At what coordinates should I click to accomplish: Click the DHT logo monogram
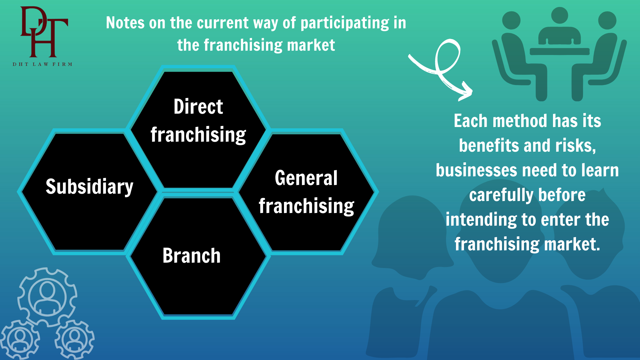[x=44, y=32]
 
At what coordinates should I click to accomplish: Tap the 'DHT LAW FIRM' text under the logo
[x=42, y=64]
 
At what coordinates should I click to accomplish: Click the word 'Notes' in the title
[x=125, y=23]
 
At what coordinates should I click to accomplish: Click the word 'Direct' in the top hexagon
[x=198, y=107]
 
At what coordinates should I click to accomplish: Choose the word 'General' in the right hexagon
[x=306, y=178]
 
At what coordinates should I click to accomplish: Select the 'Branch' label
[x=191, y=256]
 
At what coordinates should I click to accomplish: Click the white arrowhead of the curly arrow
[x=465, y=92]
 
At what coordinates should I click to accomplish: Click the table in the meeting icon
[x=559, y=51]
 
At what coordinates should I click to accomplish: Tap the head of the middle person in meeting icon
[x=559, y=15]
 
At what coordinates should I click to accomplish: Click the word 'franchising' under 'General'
[x=306, y=206]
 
